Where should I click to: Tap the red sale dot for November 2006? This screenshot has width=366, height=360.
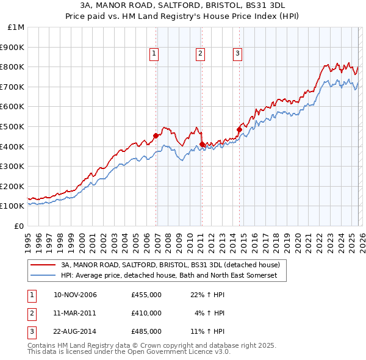point(156,135)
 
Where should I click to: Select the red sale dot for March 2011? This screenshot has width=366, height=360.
point(202,144)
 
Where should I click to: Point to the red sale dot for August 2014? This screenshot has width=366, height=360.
point(239,129)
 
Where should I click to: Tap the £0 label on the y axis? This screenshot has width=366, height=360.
point(18,226)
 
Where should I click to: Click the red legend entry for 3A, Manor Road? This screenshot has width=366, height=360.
point(170,265)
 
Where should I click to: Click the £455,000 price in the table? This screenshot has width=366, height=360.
point(146,295)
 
